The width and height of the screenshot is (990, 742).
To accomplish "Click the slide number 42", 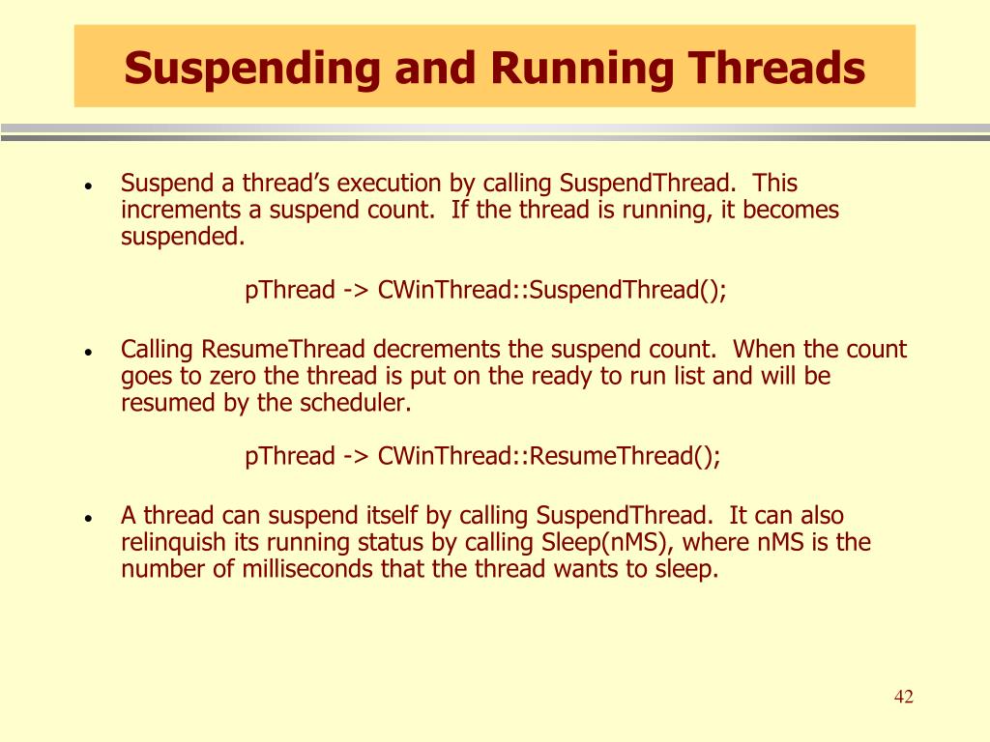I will pyautogui.click(x=904, y=698).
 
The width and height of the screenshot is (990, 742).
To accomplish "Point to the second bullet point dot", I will pyautogui.click(x=88, y=353).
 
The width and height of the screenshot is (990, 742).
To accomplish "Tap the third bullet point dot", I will pyautogui.click(x=88, y=519).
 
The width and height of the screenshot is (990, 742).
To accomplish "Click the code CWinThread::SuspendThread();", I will pyautogui.click(x=552, y=290).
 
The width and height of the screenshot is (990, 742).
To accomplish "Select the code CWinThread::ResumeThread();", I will pyautogui.click(x=549, y=456).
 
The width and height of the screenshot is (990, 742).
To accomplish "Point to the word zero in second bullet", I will pyautogui.click(x=212, y=376).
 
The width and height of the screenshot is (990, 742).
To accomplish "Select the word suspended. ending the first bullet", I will pyautogui.click(x=183, y=236).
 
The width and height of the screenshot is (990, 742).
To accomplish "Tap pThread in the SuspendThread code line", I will pyautogui.click(x=289, y=290).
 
